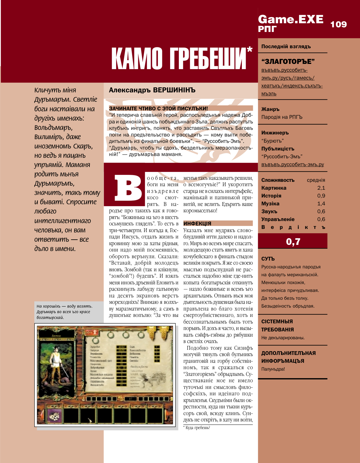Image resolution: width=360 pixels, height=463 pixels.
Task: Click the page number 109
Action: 339,24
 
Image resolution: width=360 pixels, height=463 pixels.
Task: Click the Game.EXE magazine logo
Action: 290,19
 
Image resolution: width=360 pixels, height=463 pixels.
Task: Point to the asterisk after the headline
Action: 249,51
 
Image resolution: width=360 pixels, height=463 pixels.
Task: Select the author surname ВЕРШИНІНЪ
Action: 174,90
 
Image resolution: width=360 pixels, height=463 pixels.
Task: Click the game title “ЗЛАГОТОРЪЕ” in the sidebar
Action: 288,62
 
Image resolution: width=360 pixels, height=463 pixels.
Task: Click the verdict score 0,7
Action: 293,241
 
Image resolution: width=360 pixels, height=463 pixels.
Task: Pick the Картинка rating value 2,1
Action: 321,188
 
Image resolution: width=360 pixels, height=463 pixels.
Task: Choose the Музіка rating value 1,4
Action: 321,204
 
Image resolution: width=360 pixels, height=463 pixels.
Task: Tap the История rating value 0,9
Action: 321,196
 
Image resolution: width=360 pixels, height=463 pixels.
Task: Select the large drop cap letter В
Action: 128,188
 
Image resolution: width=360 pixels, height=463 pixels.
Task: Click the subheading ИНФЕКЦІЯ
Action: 197,223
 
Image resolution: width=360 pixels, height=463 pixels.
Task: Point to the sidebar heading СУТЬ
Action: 268,259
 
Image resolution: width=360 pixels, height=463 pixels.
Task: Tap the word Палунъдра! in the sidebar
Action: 273,369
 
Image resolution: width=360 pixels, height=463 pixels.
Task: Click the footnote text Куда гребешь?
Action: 198,428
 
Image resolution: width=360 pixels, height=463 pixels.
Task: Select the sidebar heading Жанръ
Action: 270,109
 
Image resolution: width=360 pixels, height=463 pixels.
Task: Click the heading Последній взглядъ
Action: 286,46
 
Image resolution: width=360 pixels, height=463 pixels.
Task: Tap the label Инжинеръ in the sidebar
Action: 275,133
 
